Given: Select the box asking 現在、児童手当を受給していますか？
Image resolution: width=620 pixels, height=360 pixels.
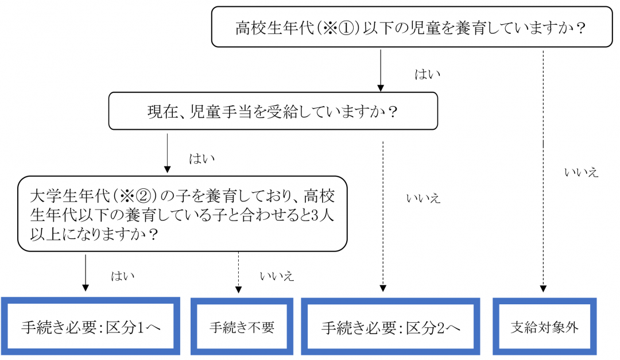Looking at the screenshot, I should pyautogui.click(x=273, y=111).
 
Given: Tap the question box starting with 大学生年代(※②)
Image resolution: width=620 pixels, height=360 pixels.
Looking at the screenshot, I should pyautogui.click(x=182, y=214).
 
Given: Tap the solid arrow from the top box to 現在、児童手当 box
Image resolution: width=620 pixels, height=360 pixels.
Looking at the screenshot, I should pyautogui.click(x=380, y=70).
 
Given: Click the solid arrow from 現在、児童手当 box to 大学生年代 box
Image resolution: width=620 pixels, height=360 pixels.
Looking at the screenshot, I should pyautogui.click(x=167, y=153).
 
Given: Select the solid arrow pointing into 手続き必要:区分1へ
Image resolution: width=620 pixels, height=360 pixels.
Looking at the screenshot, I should pyautogui.click(x=86, y=273).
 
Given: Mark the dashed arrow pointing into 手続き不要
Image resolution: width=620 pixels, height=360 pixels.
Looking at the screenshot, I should pyautogui.click(x=238, y=273).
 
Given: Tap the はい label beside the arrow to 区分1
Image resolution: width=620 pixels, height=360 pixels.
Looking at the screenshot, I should pyautogui.click(x=122, y=276).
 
